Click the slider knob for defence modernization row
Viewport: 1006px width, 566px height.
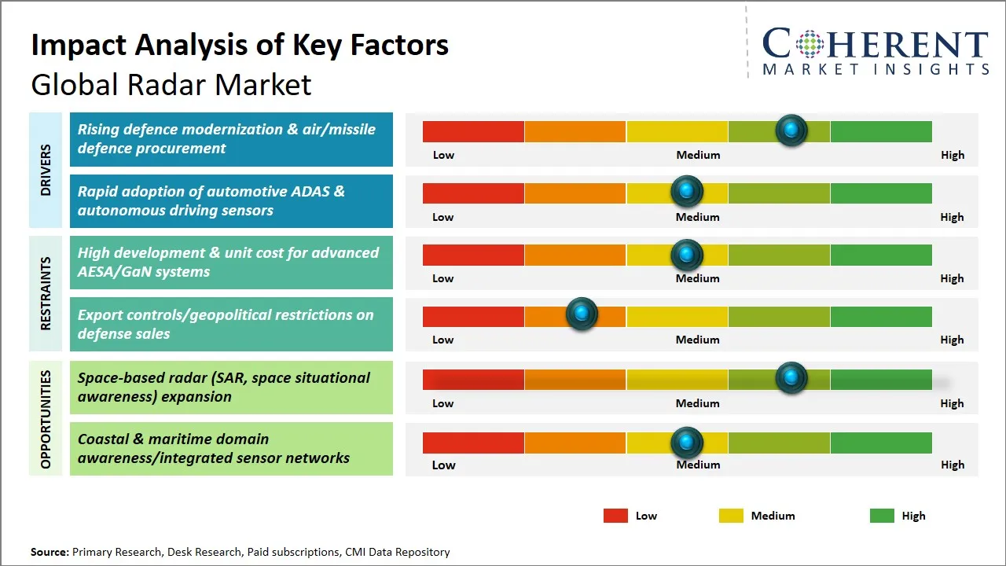click(x=791, y=130)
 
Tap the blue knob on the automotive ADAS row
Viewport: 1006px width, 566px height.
click(x=687, y=191)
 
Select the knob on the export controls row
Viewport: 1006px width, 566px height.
click(x=582, y=314)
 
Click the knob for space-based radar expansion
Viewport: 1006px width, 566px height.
click(x=791, y=378)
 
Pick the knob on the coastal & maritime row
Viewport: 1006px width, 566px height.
click(x=687, y=443)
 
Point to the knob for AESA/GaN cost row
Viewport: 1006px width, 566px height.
click(x=687, y=254)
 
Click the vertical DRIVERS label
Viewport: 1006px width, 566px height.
click(x=46, y=169)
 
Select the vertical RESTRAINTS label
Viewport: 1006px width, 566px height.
click(x=46, y=293)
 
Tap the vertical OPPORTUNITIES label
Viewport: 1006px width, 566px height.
click(x=46, y=419)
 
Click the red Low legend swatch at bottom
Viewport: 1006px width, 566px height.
click(x=615, y=516)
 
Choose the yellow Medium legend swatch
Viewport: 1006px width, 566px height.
click(x=731, y=516)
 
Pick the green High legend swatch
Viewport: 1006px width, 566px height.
click(x=882, y=516)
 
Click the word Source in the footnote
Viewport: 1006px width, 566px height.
click(x=50, y=552)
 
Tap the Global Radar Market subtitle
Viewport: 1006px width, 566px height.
click(x=171, y=85)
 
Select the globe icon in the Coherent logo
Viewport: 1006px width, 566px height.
click(x=809, y=44)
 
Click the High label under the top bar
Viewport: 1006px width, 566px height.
click(x=952, y=155)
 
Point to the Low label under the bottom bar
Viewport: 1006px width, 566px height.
click(x=443, y=465)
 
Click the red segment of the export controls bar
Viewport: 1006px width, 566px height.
click(x=473, y=316)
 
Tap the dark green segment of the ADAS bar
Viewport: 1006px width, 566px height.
click(x=880, y=193)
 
